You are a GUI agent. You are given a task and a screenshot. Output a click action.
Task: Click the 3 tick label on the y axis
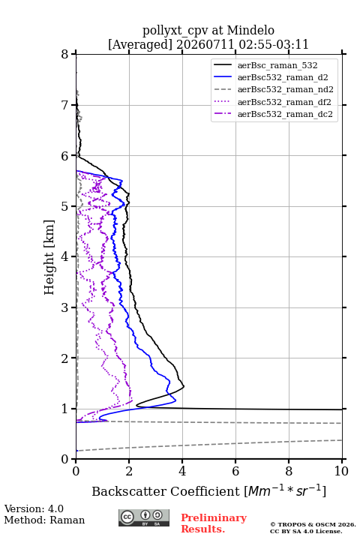(x=65, y=307)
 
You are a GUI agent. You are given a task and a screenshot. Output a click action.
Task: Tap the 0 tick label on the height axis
(x=65, y=459)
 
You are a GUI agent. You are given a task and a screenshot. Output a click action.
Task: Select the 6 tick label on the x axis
(x=235, y=471)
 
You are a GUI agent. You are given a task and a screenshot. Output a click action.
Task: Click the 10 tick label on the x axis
(x=341, y=471)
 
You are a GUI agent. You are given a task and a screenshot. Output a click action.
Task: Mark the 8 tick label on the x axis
(x=289, y=471)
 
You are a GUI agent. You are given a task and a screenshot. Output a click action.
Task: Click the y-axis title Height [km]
(x=49, y=257)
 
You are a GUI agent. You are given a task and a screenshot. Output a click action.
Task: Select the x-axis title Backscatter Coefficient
(x=166, y=491)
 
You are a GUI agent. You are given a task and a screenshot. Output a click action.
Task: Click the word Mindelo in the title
(x=250, y=31)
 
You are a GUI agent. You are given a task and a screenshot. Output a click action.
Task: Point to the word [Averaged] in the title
(x=140, y=45)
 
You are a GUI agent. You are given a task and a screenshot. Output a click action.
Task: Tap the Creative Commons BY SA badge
(x=144, y=518)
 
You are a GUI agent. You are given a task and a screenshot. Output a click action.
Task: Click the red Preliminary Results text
(x=214, y=523)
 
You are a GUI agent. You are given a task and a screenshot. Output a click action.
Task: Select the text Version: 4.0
(x=34, y=508)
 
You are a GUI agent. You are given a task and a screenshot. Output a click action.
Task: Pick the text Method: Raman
(x=44, y=520)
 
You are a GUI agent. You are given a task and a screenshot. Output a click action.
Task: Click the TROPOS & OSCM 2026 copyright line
(x=313, y=524)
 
